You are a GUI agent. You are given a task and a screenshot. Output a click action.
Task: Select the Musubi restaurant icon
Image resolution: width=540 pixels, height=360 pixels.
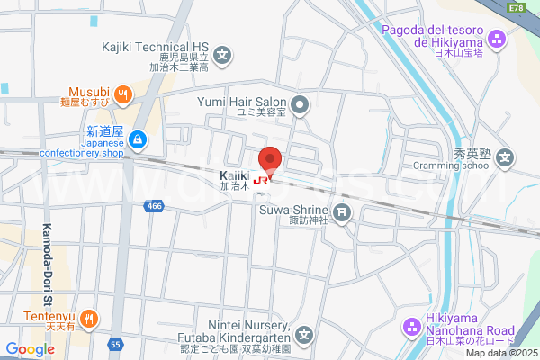[x=124, y=92]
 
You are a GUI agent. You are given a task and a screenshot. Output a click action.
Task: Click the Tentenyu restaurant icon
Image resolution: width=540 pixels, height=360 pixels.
[x=89, y=317]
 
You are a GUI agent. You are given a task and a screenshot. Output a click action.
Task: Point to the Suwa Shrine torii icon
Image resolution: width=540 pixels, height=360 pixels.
[x=342, y=212]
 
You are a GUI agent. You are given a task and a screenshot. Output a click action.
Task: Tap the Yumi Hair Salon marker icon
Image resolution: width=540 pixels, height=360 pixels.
[x=302, y=106]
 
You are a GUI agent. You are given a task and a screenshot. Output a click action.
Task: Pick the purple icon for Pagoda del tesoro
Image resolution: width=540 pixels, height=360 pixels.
[x=497, y=39]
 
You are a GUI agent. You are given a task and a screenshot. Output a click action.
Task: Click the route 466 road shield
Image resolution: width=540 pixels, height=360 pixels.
[x=154, y=207]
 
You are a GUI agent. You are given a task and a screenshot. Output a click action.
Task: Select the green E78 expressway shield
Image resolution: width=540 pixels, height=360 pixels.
[x=516, y=7]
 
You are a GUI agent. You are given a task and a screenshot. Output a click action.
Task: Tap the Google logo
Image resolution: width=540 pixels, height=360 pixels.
[x=30, y=348]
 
